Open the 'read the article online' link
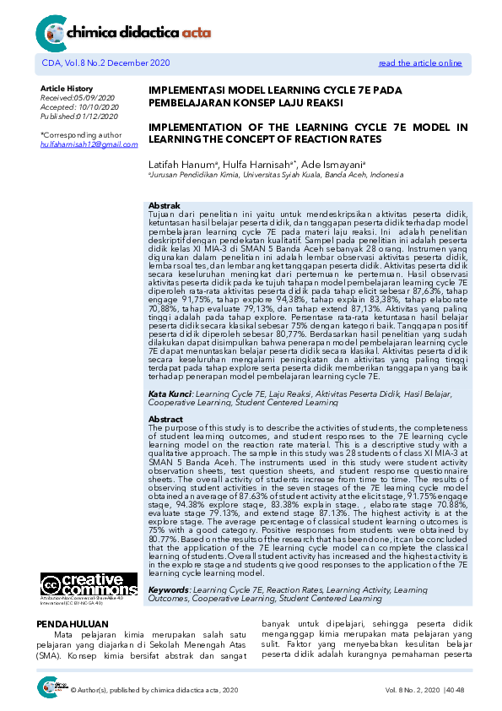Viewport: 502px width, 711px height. (x=419, y=62)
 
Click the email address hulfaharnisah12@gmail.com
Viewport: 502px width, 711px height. (x=89, y=144)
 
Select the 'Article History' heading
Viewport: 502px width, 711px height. (x=67, y=89)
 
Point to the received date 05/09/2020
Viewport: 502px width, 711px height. (x=97, y=98)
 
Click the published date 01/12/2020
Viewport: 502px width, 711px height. (x=100, y=117)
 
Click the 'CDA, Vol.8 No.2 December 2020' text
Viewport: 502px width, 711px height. (x=105, y=62)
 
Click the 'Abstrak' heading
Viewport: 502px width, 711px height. (x=164, y=205)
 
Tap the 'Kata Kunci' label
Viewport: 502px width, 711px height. (x=167, y=394)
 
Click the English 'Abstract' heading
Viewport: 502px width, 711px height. (x=165, y=419)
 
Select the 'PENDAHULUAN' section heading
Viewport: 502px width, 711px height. (x=68, y=623)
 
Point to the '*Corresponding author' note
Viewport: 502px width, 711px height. (x=81, y=134)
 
